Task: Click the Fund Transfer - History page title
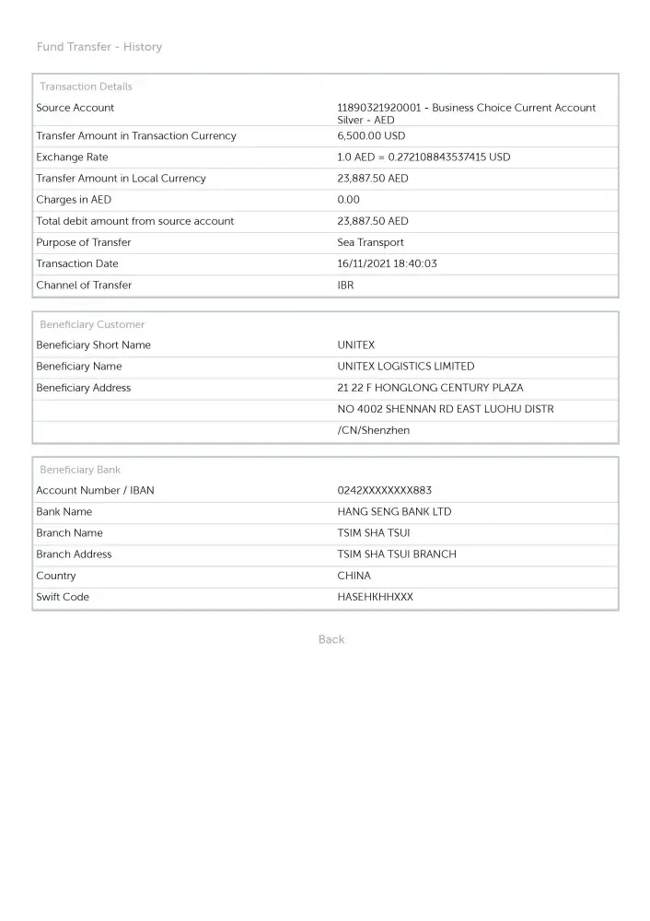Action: pos(99,47)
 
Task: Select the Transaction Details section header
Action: pos(86,87)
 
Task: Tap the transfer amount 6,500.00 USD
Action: pos(371,136)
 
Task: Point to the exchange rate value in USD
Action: pos(424,157)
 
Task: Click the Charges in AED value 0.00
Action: pos(349,200)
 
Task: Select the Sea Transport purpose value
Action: pos(370,243)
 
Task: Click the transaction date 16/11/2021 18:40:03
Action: pos(387,264)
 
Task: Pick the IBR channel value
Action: pos(345,286)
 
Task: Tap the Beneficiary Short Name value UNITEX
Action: pos(356,345)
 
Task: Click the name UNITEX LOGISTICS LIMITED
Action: pos(406,367)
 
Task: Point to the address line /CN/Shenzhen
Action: pos(374,431)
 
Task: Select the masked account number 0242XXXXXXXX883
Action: pos(384,491)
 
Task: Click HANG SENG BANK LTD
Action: pos(394,512)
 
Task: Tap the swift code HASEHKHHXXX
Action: pos(375,598)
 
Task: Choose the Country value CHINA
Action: pos(354,577)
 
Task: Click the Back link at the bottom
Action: pos(331,640)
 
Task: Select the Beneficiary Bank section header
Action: pos(80,470)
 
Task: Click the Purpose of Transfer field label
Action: pos(83,243)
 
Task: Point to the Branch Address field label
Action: pos(74,554)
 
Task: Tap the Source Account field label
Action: pos(75,108)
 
